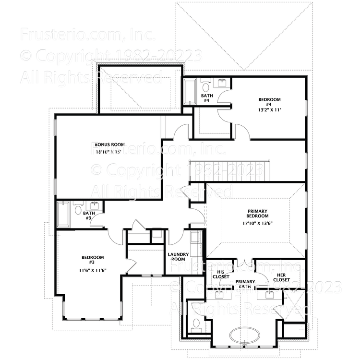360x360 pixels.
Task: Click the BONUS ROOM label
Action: point(109,144)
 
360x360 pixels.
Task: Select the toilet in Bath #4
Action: point(205,87)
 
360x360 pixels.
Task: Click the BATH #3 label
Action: point(88,216)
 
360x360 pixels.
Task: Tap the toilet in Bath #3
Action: point(78,209)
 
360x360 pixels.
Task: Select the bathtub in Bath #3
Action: point(62,215)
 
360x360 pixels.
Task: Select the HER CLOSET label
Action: point(281,277)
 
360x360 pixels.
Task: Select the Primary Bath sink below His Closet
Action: point(222,295)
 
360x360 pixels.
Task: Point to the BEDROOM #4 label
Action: point(269,102)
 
